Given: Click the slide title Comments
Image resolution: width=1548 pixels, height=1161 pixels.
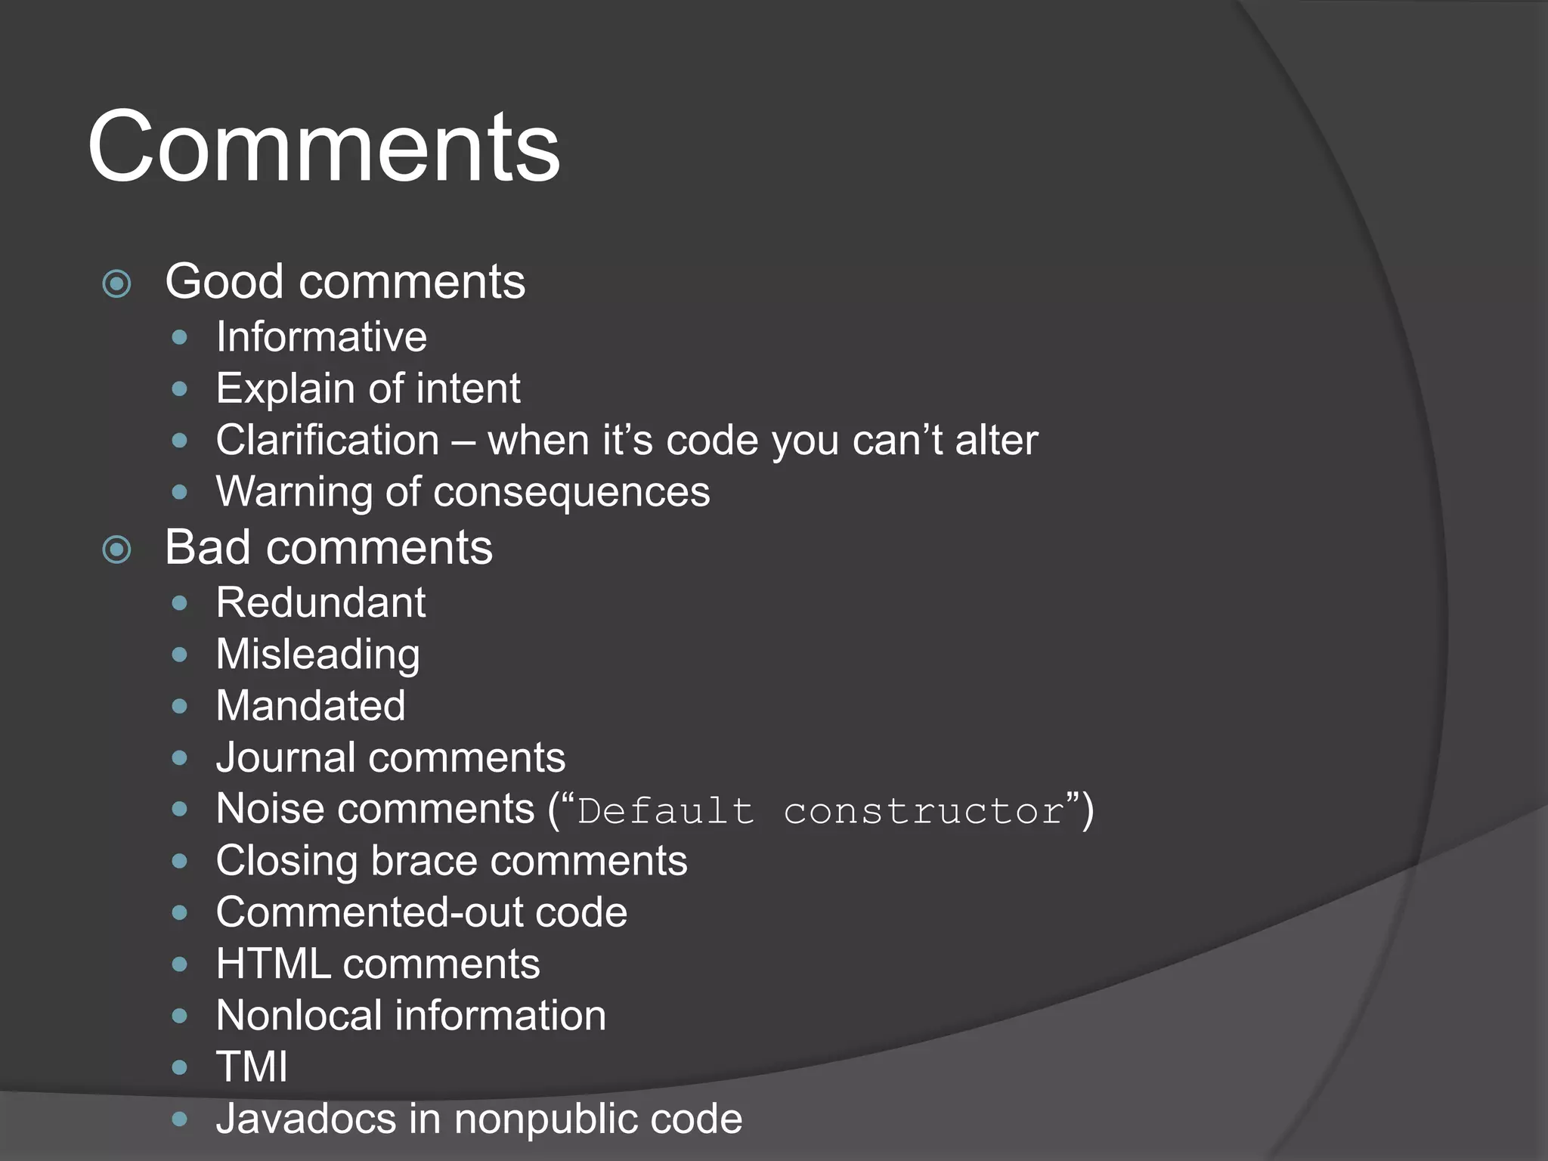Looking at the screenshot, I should tap(324, 147).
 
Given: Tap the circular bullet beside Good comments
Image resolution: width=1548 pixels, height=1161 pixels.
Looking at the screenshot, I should tap(117, 284).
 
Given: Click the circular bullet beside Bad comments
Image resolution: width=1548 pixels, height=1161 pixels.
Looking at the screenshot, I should tap(117, 550).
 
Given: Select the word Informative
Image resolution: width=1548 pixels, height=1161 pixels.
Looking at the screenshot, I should tap(321, 337).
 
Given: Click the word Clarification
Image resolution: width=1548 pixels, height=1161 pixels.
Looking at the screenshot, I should tap(327, 440).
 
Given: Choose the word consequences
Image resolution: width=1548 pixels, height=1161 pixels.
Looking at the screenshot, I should tap(571, 492).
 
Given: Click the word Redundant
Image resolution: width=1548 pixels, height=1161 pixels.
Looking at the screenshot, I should tap(320, 603).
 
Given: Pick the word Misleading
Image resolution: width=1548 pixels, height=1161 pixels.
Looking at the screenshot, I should tap(317, 655).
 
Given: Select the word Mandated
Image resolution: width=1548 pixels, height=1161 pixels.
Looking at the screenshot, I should tap(311, 706).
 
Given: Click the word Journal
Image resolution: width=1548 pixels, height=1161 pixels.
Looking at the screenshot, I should tap(286, 757).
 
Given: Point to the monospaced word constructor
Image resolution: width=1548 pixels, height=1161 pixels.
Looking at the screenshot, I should tap(924, 811).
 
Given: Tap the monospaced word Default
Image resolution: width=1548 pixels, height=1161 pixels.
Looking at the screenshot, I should tap(666, 811).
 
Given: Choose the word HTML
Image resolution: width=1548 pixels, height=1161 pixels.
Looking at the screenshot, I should tap(273, 964).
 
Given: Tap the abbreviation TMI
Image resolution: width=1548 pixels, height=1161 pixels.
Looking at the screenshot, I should tap(252, 1067).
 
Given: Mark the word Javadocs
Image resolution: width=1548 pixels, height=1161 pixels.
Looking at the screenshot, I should tap(305, 1119).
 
